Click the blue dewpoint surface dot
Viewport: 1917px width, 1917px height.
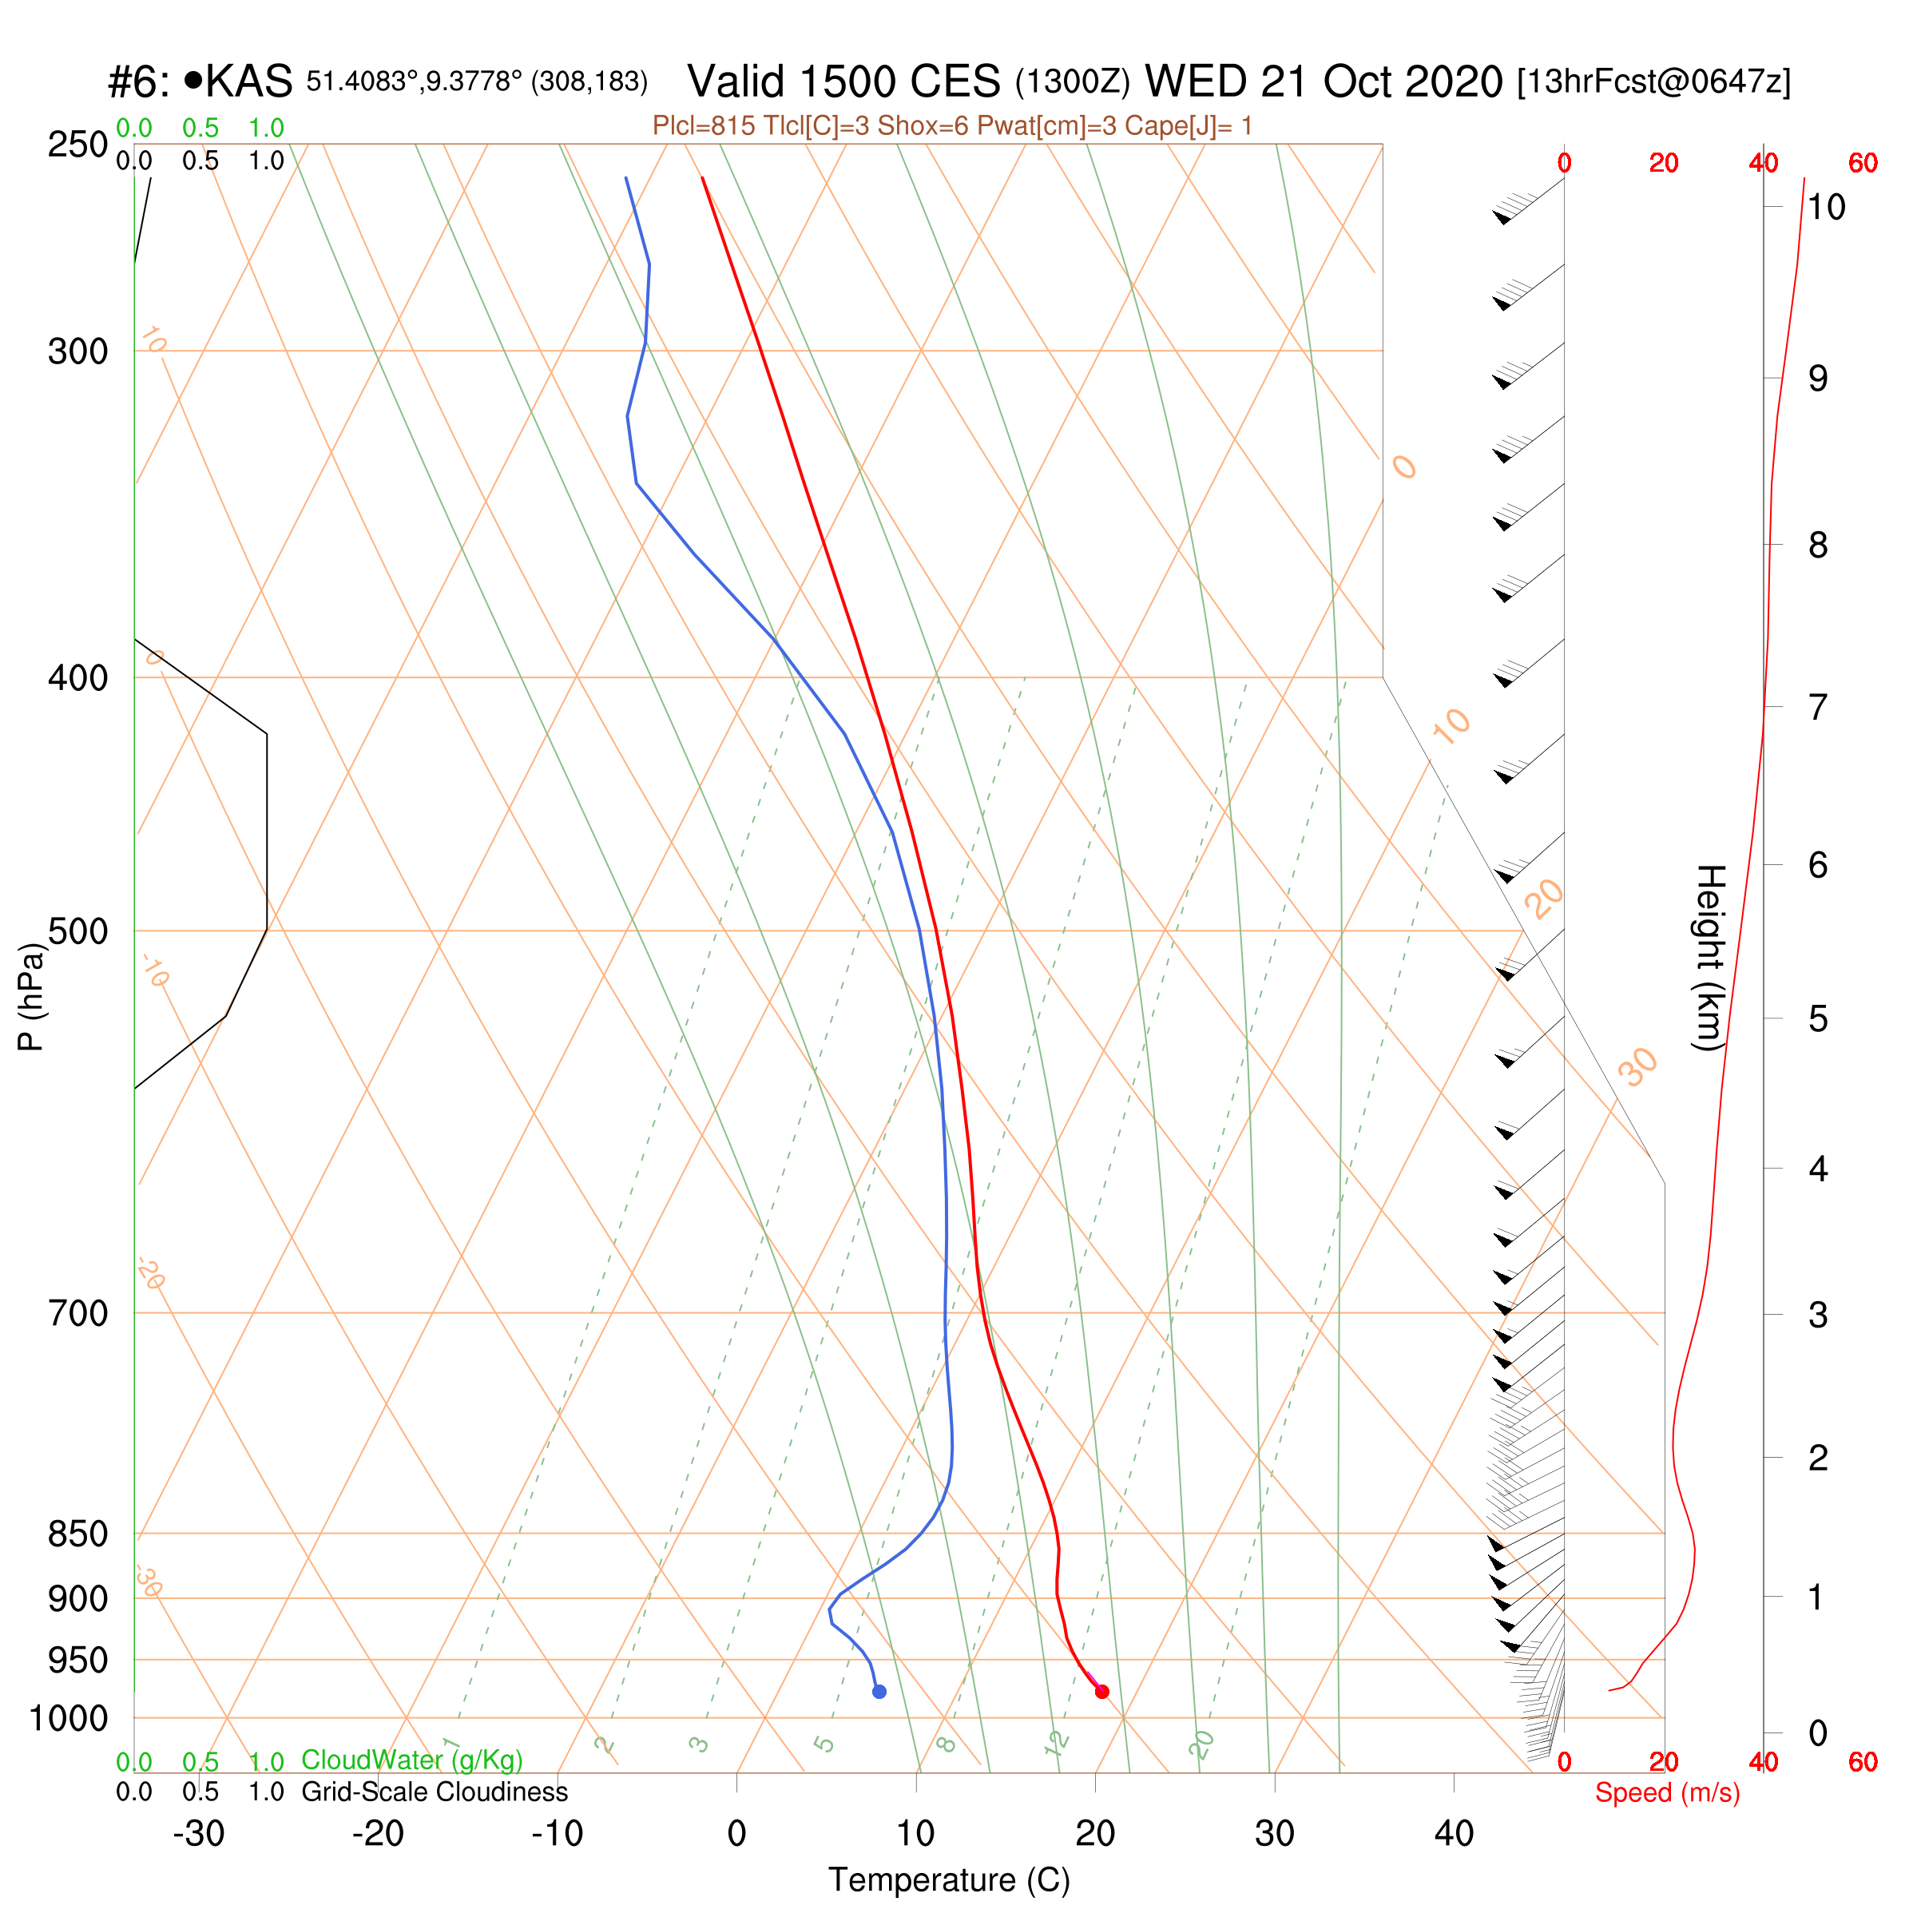[x=879, y=1692]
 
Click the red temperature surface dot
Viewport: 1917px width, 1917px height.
[x=1101, y=1692]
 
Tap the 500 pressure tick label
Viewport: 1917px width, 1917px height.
[x=77, y=931]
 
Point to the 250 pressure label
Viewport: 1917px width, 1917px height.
[x=77, y=145]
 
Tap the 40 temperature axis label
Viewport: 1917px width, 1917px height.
[x=1454, y=1834]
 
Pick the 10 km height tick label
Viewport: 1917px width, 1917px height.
[x=1826, y=208]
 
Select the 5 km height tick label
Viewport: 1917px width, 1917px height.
[x=1818, y=1019]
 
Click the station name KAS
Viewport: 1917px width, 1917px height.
[x=248, y=81]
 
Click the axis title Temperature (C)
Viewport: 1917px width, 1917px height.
[x=950, y=1880]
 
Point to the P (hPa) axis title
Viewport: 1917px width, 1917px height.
[x=31, y=996]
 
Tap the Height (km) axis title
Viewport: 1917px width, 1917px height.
[x=1709, y=958]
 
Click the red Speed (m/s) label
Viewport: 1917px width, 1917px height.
[x=1667, y=1793]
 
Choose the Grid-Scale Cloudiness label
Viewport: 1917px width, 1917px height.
[x=435, y=1792]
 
